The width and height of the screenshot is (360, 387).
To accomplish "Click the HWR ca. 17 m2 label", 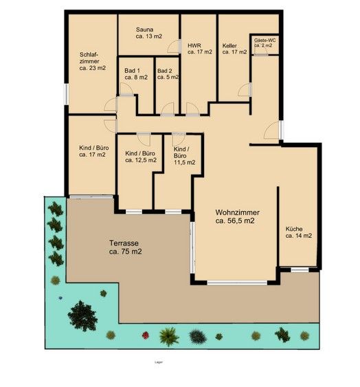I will click(x=199, y=49).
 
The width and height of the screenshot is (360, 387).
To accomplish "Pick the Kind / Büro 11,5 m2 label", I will click(x=184, y=156).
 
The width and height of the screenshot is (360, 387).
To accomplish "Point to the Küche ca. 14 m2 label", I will click(x=299, y=232).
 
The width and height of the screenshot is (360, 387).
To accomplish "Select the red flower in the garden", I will click(x=145, y=335).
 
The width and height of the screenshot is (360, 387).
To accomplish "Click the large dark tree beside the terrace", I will click(x=82, y=315).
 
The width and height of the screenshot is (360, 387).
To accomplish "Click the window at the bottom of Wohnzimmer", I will click(x=236, y=283).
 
